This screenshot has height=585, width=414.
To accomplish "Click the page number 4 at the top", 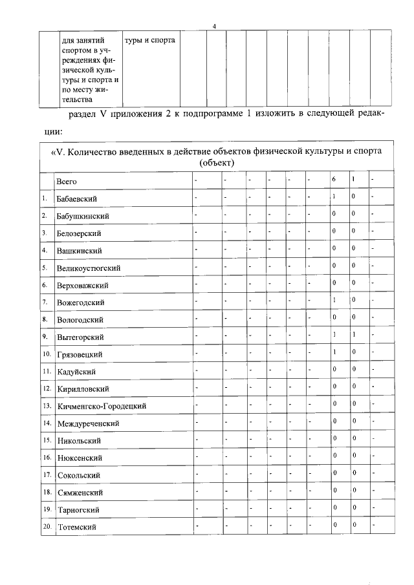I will pyautogui.click(x=214, y=25).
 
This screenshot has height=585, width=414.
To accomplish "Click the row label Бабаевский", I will pyautogui.click(x=81, y=198).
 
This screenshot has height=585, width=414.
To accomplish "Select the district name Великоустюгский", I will pyautogui.click(x=89, y=268).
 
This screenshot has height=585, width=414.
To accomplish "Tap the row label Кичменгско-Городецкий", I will pyautogui.click(x=101, y=406).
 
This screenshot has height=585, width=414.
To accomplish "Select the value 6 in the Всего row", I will pyautogui.click(x=334, y=178).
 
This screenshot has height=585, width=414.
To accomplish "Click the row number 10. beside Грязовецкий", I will pyautogui.click(x=46, y=354).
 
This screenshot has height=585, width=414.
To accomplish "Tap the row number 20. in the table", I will pyautogui.click(x=46, y=527).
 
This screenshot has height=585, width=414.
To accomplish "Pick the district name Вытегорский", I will pyautogui.click(x=80, y=337).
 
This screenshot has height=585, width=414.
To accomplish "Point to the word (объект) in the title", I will pyautogui.click(x=217, y=162).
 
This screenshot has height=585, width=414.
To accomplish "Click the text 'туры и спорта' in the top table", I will pyautogui.click(x=149, y=40).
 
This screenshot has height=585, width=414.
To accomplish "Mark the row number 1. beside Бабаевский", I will pyautogui.click(x=44, y=198).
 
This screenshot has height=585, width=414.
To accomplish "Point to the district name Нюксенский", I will pyautogui.click(x=80, y=458).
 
